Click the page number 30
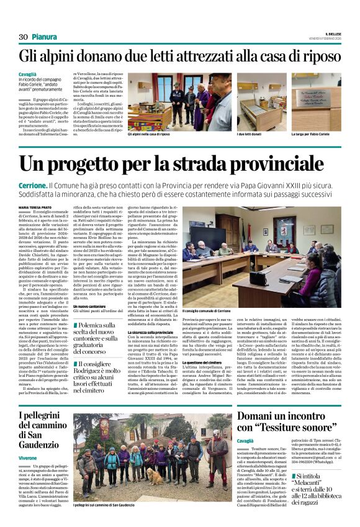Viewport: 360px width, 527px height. click(x=23, y=37)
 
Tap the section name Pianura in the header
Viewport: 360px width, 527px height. click(x=45, y=37)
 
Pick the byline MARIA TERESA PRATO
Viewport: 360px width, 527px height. click(x=36, y=207)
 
